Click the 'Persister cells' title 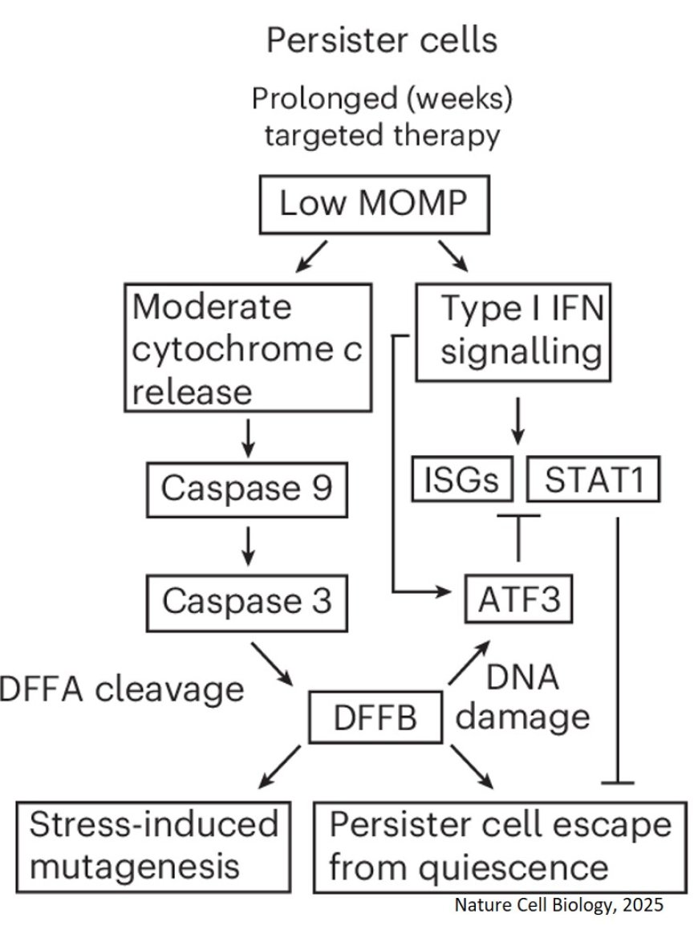pos(382,39)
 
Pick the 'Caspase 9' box pos(247,489)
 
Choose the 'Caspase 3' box pos(247,601)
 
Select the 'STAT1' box pos(594,481)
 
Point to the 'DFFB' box pos(376,717)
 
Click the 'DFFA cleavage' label pos(120,688)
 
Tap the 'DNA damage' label pos(522,697)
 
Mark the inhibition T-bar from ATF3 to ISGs pos(517,538)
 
